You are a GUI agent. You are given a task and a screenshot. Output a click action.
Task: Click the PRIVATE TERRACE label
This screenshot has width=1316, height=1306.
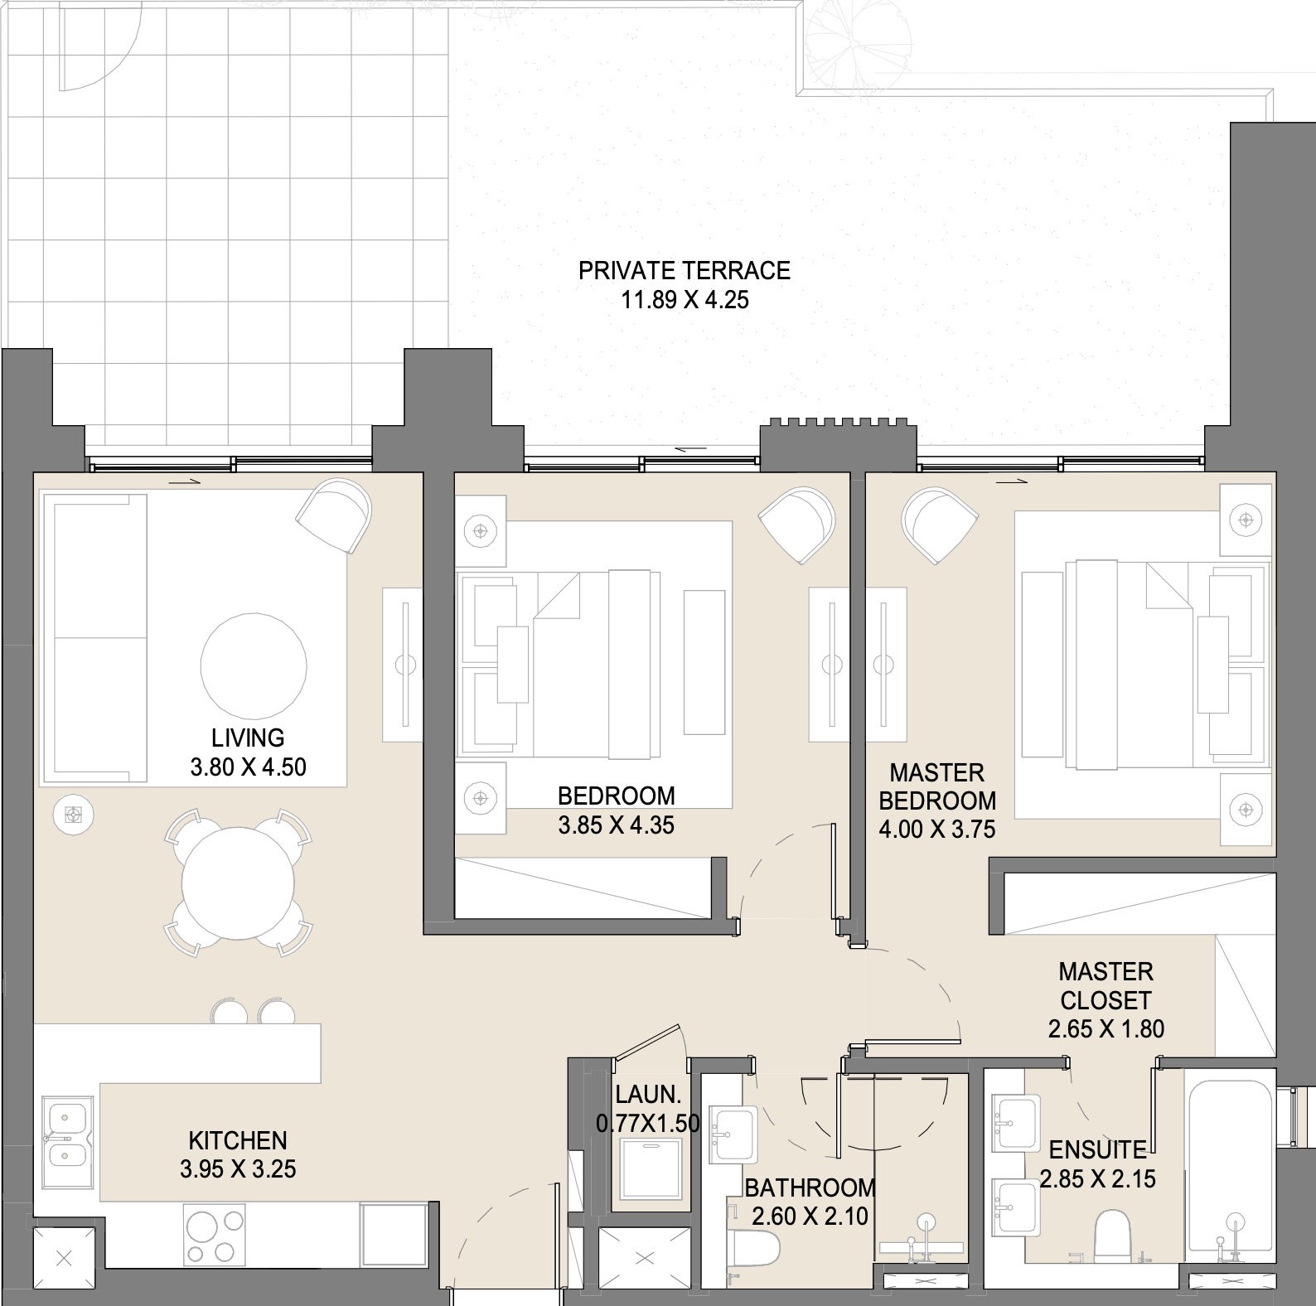tap(685, 270)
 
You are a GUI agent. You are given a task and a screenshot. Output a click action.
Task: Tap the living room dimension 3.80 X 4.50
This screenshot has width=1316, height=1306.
tap(249, 767)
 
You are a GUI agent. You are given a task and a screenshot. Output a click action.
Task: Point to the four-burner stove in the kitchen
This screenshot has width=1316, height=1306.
tap(215, 1235)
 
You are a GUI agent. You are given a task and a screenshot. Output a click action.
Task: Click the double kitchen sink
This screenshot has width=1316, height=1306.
tap(68, 1133)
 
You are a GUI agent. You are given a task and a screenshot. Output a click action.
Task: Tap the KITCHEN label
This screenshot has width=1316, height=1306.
tap(238, 1140)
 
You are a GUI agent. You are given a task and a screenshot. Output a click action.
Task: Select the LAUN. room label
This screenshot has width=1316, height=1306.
tap(649, 1095)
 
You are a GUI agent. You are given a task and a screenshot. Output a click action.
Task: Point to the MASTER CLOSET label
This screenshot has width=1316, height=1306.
tap(1106, 985)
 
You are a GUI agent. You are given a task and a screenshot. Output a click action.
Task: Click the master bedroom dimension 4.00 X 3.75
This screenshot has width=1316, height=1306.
tap(937, 829)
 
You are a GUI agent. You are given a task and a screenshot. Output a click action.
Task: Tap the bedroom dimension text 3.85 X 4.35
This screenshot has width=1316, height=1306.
tap(617, 825)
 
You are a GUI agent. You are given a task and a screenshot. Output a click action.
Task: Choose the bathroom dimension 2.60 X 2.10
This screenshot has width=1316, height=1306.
tap(810, 1217)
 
